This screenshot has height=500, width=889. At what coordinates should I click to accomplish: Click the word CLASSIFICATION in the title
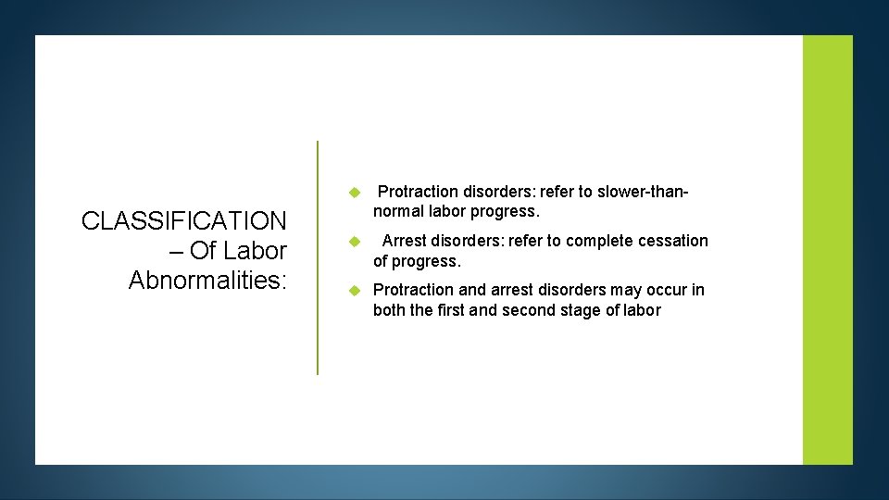(183, 221)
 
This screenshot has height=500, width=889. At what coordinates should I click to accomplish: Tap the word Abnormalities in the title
(206, 281)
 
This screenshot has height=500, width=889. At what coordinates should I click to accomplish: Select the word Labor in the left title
(256, 251)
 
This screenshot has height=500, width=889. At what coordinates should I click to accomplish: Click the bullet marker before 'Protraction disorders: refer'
(353, 193)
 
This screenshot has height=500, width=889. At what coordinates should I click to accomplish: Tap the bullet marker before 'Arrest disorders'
(353, 242)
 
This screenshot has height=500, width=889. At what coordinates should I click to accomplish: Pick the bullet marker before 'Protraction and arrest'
(353, 291)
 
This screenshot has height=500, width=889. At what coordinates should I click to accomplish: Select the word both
(389, 310)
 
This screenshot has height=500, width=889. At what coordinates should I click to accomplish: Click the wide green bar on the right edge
(827, 250)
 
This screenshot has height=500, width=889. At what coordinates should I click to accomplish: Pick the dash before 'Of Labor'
(172, 252)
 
